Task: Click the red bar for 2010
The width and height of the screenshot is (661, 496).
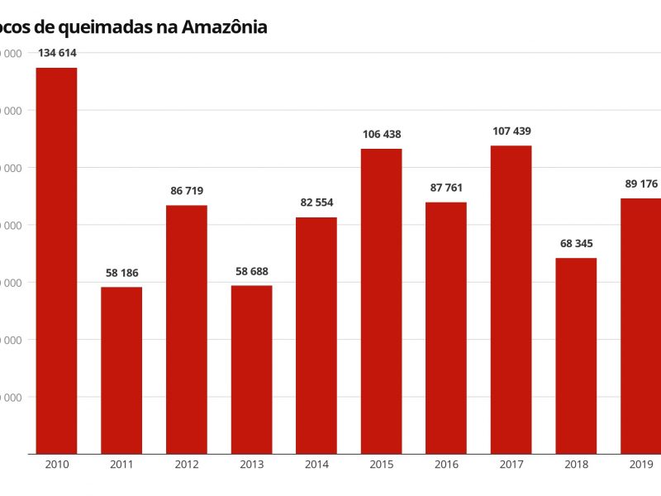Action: [x=56, y=260]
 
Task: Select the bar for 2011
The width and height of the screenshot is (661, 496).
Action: [x=121, y=370]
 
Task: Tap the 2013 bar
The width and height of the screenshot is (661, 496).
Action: [x=251, y=370]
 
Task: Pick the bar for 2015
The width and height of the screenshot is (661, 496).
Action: [x=381, y=301]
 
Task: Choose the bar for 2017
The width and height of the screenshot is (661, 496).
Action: [x=511, y=299]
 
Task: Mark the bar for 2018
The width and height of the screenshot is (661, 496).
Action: [x=576, y=355]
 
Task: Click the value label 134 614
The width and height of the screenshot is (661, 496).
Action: [x=57, y=54]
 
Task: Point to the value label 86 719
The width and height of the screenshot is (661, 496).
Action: [x=187, y=191]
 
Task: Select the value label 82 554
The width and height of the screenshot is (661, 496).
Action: [x=316, y=203]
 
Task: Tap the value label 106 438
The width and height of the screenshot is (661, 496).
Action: [x=381, y=135]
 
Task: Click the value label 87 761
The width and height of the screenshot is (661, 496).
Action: [x=446, y=188]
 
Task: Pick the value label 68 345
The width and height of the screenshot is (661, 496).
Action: [x=576, y=244]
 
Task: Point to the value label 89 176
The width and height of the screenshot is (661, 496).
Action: [x=641, y=184]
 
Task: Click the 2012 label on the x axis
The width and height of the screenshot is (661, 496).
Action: [x=187, y=465]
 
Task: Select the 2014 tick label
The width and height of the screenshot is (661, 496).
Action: [x=316, y=465]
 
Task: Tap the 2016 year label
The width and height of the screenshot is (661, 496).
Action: [x=446, y=465]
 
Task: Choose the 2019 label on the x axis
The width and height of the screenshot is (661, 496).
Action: [x=641, y=465]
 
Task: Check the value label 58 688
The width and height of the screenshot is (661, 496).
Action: [x=251, y=271]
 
